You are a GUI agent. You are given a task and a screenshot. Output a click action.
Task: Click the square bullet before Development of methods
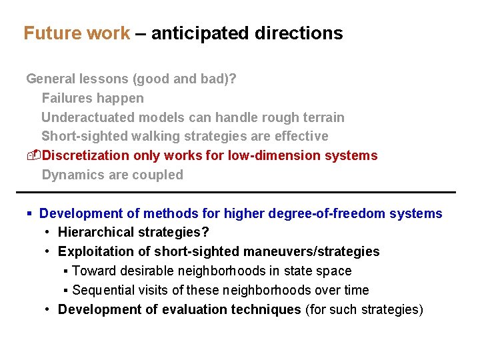click(x=29, y=214)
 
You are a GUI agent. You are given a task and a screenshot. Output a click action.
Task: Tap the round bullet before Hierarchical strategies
click(x=48, y=233)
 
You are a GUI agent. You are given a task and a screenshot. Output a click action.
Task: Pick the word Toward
click(x=93, y=271)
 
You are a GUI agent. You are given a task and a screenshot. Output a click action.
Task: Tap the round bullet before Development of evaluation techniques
click(x=48, y=309)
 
